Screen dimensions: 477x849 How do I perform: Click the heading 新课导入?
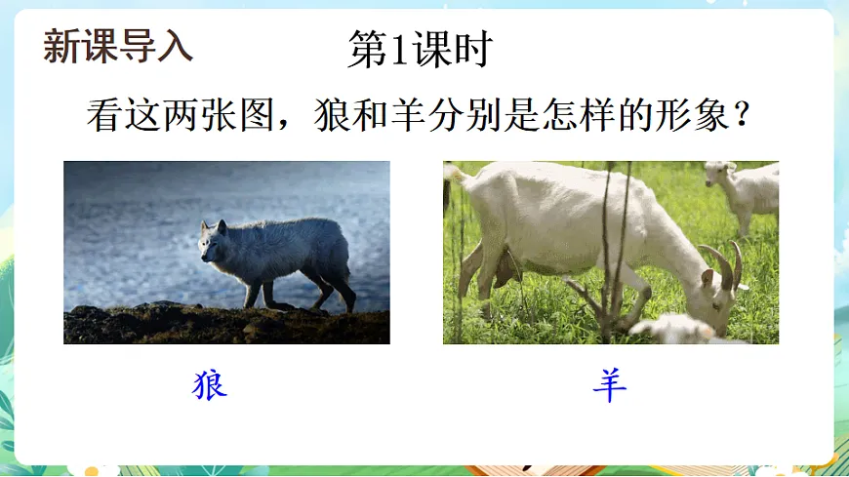[118, 46]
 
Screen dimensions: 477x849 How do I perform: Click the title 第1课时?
[419, 50]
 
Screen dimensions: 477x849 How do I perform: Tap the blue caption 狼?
[210, 385]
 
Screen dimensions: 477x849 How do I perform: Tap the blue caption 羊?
[610, 385]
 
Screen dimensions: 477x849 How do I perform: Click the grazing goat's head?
[717, 298]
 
